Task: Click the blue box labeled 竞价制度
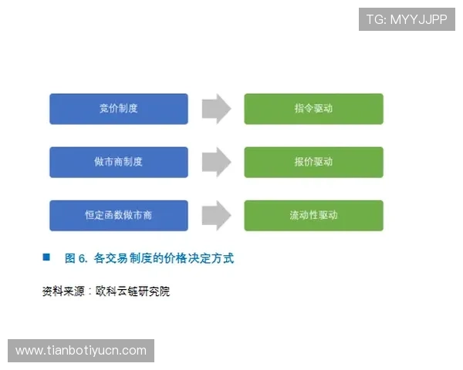coord(118,109)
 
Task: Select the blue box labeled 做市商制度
coord(118,162)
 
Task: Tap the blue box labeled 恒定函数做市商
coord(118,215)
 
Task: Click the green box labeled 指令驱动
coord(313,109)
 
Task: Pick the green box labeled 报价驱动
coord(313,162)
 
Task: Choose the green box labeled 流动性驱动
coord(313,215)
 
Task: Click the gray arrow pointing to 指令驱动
coord(216,109)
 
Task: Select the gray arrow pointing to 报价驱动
coord(216,162)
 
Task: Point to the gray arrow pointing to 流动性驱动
coord(216,215)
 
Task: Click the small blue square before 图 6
coord(46,257)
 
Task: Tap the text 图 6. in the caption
coord(76,258)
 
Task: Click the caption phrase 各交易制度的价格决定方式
coord(163,258)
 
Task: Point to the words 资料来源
coord(63,291)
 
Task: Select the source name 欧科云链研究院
coord(133,291)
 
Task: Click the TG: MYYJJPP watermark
coord(407,19)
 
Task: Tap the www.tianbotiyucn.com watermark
coord(80,351)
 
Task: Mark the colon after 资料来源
coord(90,291)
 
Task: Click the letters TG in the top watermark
coord(375,19)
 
